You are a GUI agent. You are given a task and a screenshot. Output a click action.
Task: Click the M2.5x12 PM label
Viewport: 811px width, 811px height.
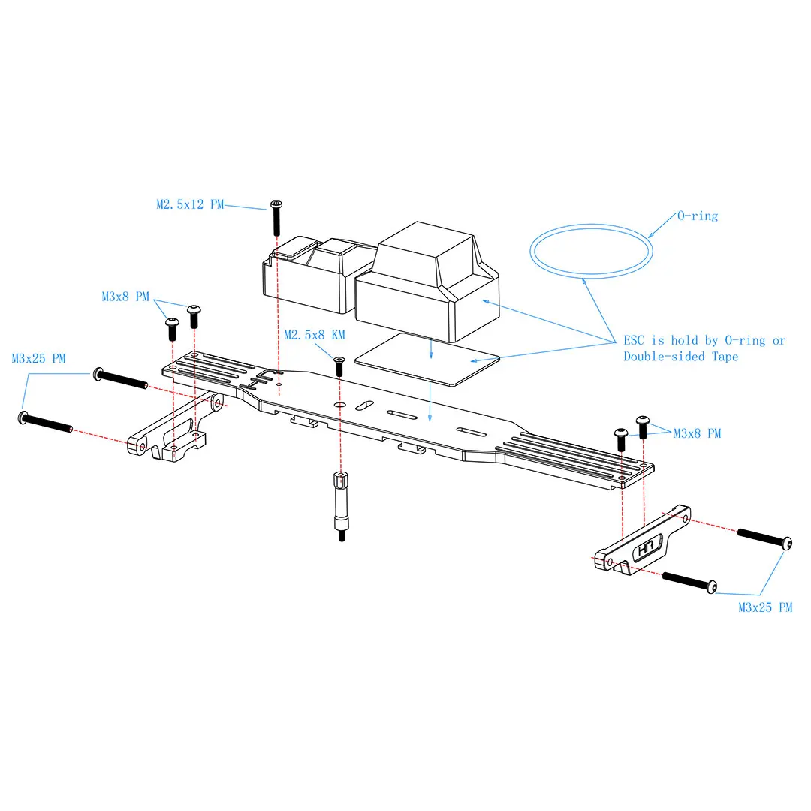[190, 204]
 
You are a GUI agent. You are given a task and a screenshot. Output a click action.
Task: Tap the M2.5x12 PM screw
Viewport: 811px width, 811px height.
[276, 218]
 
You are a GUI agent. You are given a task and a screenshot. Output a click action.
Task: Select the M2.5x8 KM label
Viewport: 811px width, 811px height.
[315, 335]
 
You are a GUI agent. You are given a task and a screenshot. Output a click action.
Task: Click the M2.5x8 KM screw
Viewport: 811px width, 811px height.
[339, 366]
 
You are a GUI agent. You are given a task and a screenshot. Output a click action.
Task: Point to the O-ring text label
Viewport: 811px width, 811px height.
[698, 216]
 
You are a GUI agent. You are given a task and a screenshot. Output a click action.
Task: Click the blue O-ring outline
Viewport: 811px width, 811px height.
[591, 225]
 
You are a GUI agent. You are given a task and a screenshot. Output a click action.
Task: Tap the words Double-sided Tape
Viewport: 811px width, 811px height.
[680, 357]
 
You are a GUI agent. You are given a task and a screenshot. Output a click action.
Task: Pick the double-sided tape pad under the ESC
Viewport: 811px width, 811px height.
[428, 359]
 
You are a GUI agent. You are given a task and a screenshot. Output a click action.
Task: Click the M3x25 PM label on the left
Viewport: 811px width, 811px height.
[39, 358]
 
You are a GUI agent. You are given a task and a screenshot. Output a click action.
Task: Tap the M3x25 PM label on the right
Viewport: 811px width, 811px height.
[765, 607]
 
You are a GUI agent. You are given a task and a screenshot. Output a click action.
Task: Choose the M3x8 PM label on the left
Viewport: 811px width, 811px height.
[125, 297]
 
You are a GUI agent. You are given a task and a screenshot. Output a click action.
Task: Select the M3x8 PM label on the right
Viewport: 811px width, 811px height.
[697, 433]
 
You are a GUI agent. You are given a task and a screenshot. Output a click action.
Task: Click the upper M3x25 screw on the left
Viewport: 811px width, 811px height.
[120, 378]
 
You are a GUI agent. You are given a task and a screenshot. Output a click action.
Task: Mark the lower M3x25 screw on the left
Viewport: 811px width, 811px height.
[46, 421]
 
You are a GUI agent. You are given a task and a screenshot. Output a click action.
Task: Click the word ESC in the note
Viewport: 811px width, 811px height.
[634, 340]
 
